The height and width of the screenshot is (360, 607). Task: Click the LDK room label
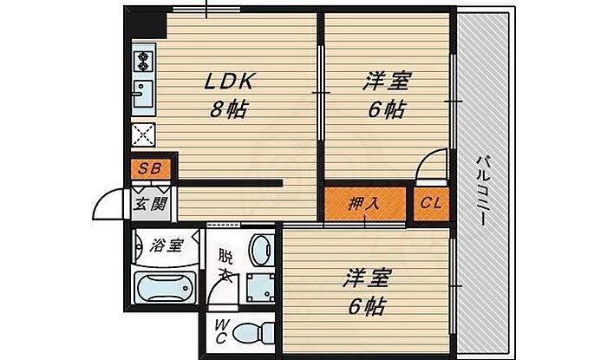228,82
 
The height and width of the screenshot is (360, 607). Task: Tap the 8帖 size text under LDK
228,110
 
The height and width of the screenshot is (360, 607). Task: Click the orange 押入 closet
364,205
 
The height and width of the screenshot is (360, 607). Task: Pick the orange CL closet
431,205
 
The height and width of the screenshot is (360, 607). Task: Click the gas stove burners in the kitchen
142,61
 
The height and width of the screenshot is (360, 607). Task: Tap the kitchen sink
142,92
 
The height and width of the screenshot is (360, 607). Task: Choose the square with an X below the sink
143,134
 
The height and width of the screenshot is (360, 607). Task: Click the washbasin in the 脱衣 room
259,249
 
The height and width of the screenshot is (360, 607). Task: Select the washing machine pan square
258,286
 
